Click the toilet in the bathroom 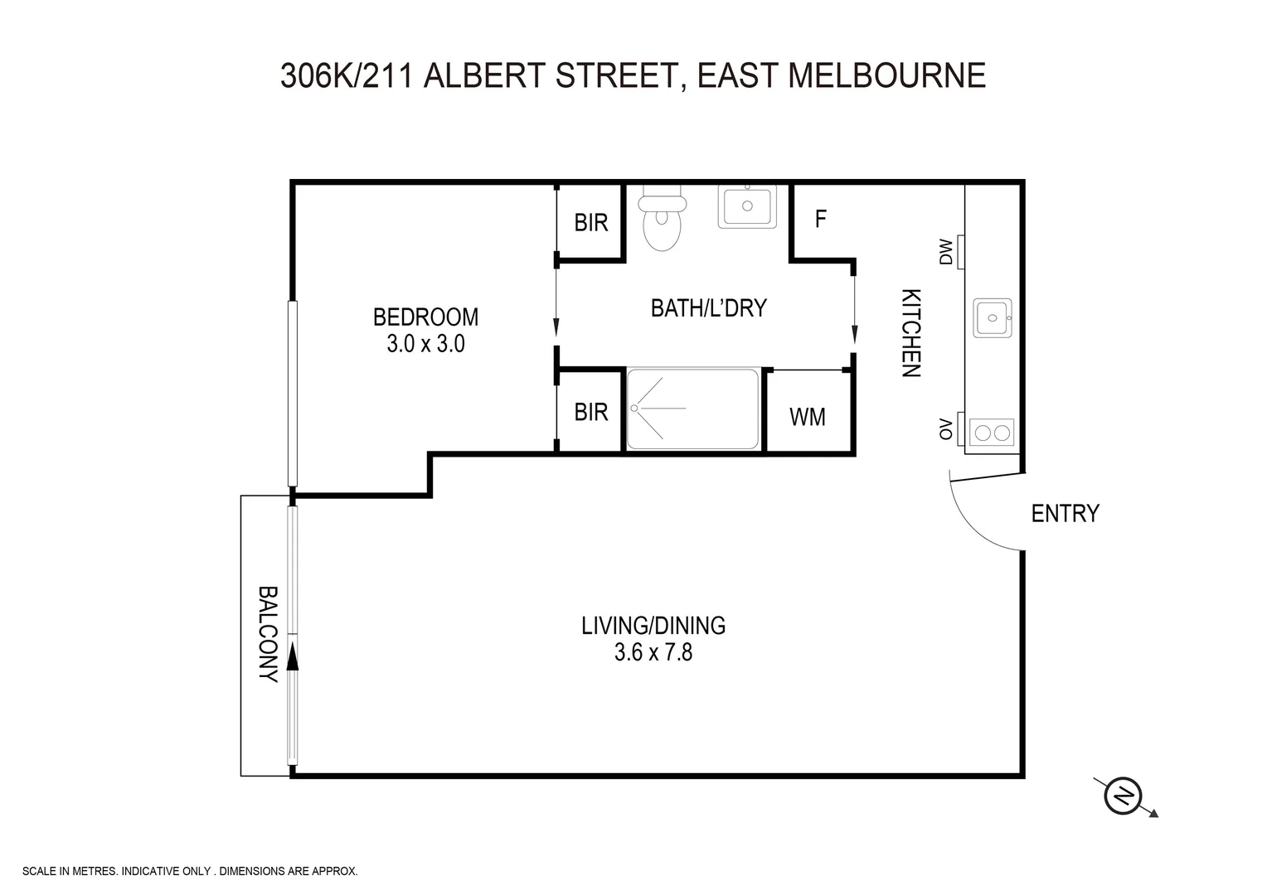click(662, 219)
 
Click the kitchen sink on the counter click(992, 317)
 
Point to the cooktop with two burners click(992, 433)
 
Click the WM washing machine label click(807, 417)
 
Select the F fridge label click(821, 219)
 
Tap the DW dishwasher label click(945, 252)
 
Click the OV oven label click(945, 429)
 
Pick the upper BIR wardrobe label click(591, 222)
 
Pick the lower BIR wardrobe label click(591, 412)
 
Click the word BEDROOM click(425, 317)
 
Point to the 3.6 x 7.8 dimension click(653, 653)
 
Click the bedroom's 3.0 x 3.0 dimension click(425, 344)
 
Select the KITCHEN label click(910, 333)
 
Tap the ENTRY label click(1065, 514)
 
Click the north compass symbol click(1124, 796)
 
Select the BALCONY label click(267, 634)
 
